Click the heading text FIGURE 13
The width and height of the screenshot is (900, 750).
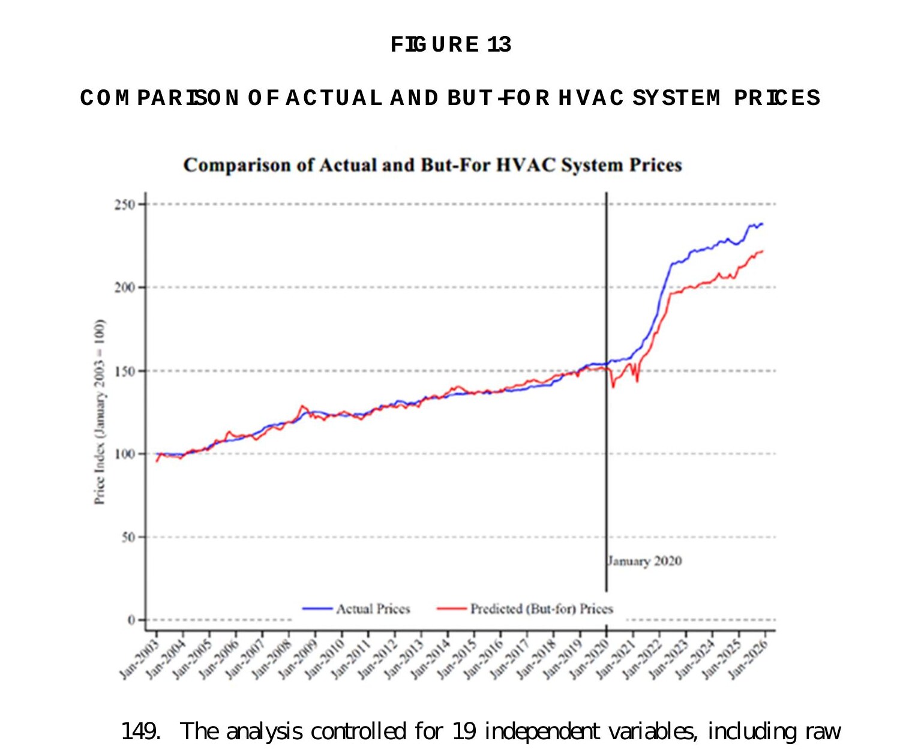pyautogui.click(x=450, y=45)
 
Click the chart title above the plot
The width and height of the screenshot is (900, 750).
pyautogui.click(x=433, y=165)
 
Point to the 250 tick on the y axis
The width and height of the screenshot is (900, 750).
pyautogui.click(x=125, y=205)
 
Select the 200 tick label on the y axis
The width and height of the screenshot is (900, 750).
pyautogui.click(x=125, y=287)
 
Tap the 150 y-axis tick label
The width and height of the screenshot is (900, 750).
pyautogui.click(x=125, y=371)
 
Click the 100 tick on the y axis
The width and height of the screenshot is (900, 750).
pyautogui.click(x=125, y=454)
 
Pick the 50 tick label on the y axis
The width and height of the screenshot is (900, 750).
pyautogui.click(x=128, y=538)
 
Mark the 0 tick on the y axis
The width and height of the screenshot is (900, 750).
pyautogui.click(x=131, y=620)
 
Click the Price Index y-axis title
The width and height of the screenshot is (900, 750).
pyautogui.click(x=100, y=412)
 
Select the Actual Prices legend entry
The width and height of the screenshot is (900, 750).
pyautogui.click(x=373, y=609)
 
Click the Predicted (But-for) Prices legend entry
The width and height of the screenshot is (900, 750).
pyautogui.click(x=541, y=609)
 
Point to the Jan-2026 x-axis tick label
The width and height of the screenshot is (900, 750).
pyautogui.click(x=748, y=659)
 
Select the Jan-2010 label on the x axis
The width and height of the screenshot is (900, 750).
pyautogui.click(x=325, y=659)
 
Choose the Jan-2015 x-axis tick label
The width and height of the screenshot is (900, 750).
pyautogui.click(x=457, y=659)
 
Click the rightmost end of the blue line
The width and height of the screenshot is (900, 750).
pyautogui.click(x=763, y=224)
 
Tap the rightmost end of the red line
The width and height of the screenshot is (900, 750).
pyautogui.click(x=763, y=251)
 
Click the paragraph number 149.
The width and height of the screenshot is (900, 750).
pyautogui.click(x=140, y=732)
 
